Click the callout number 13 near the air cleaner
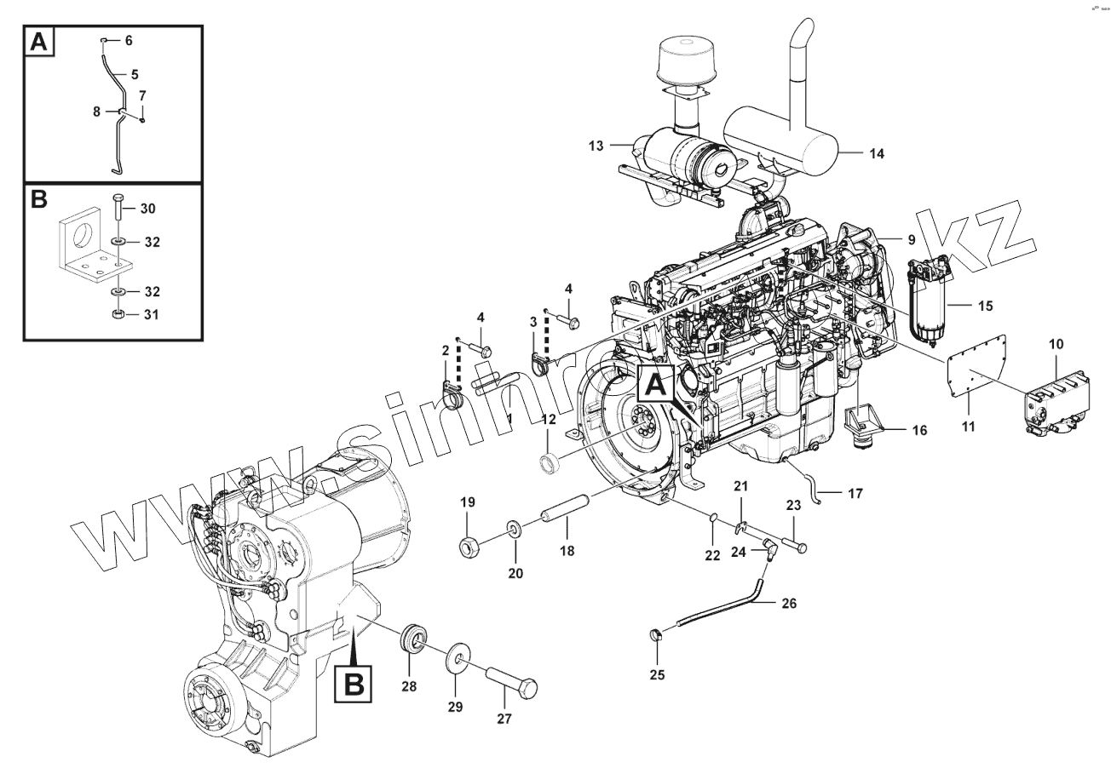[x=596, y=146]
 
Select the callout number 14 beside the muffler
[x=877, y=154]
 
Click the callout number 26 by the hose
[x=789, y=604]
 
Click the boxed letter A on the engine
[x=654, y=385]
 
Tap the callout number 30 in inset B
[x=147, y=209]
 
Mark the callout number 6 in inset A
[x=129, y=41]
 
